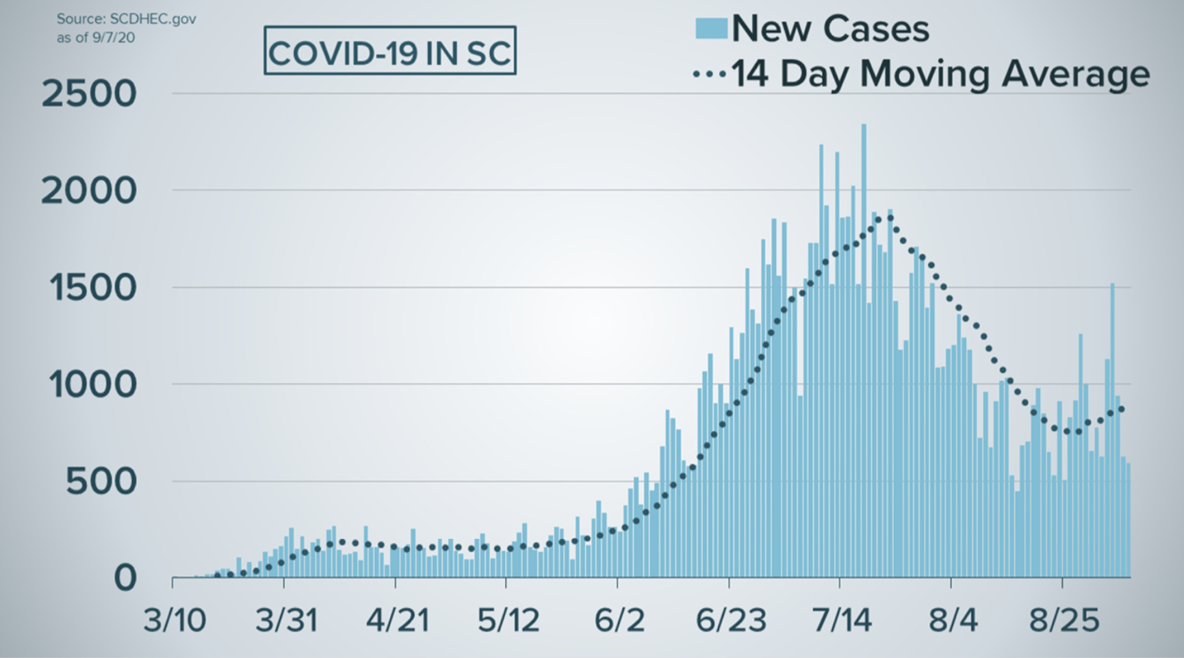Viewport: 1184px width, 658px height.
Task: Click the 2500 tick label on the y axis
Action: click(x=89, y=94)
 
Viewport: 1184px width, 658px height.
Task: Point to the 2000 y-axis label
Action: click(x=89, y=192)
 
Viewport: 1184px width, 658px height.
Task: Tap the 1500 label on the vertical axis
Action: click(x=93, y=289)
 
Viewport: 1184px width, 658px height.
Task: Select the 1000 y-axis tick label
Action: click(x=93, y=386)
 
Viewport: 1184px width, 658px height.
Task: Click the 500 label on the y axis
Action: click(x=101, y=483)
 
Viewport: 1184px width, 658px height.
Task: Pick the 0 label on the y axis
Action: click(x=125, y=579)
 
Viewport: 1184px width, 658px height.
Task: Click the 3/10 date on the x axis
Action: click(x=175, y=620)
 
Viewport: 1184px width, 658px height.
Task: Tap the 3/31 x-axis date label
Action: click(x=286, y=620)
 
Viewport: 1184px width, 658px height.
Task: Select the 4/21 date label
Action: click(x=398, y=620)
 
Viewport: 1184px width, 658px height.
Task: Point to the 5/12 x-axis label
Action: click(x=509, y=620)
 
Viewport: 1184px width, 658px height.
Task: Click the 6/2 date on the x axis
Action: click(x=619, y=620)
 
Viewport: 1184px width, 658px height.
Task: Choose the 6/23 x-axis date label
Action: click(x=731, y=620)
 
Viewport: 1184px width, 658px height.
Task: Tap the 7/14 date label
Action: click(x=842, y=620)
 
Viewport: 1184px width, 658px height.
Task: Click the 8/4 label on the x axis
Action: click(x=953, y=620)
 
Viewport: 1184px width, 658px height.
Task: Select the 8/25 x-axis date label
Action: click(x=1064, y=620)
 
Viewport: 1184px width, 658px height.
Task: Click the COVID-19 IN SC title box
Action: click(x=389, y=51)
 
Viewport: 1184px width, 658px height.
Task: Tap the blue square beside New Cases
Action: click(x=710, y=28)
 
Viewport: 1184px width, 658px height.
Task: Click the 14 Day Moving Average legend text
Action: click(x=940, y=73)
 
